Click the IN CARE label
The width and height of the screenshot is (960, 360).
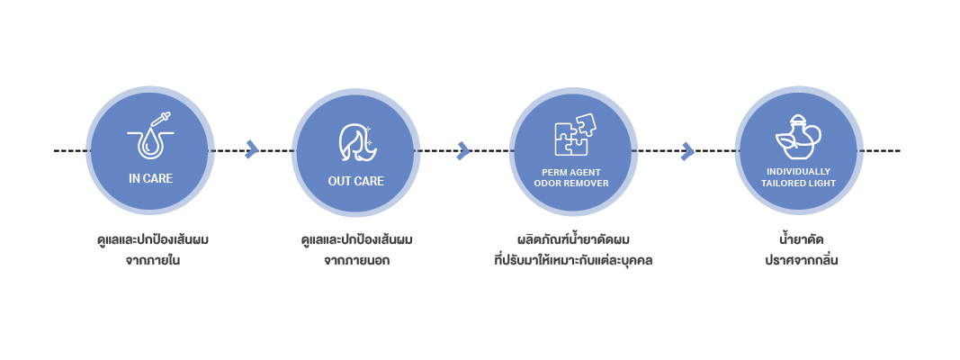pos(150,179)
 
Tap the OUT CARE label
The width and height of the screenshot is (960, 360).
pos(355,181)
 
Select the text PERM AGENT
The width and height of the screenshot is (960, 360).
pos(571,172)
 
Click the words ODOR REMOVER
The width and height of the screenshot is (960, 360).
pos(571,183)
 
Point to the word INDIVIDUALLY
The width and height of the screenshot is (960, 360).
pos(798,171)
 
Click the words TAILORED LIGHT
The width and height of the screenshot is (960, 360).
pos(798,183)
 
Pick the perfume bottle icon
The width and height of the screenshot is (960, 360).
pos(798,137)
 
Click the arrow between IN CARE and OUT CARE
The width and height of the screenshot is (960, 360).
pos(252,149)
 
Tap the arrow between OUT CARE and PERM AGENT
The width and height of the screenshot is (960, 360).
pos(463,150)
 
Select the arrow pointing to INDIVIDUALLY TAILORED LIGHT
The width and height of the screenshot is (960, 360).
pos(687,150)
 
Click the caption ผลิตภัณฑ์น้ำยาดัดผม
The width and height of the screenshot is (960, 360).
pos(574,238)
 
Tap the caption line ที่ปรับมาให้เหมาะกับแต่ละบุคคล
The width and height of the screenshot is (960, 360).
pos(574,260)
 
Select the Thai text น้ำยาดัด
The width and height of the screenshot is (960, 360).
pos(802,238)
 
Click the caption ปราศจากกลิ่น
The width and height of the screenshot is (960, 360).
pos(802,261)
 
